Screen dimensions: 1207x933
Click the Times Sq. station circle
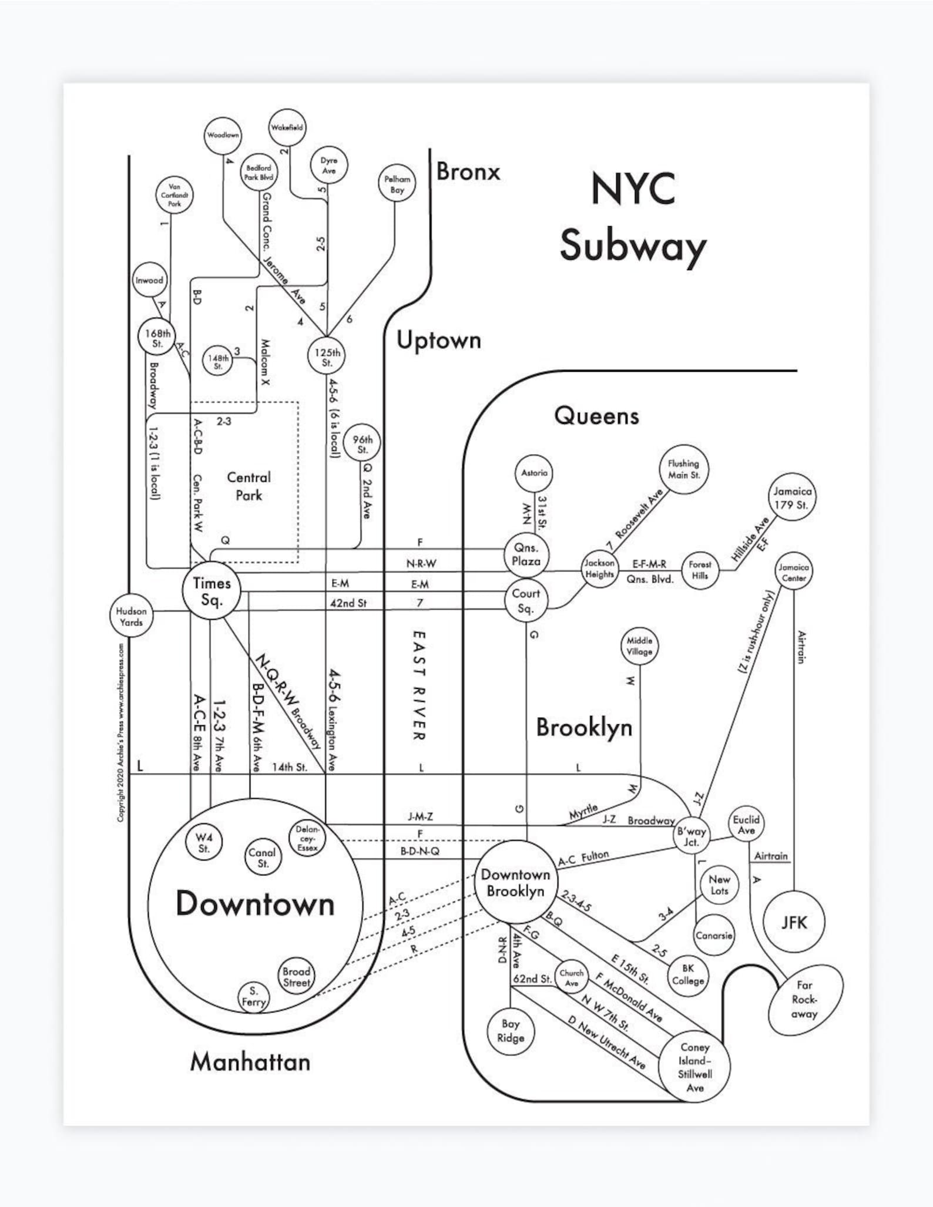(211, 591)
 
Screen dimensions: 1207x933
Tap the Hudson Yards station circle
(130, 617)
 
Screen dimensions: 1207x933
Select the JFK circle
(794, 922)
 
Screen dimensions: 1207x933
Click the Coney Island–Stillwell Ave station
(694, 1067)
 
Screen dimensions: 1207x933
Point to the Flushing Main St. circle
(683, 469)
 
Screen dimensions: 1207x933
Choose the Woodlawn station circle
(223, 135)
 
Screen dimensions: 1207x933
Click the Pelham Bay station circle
(397, 183)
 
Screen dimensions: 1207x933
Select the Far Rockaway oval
(805, 1000)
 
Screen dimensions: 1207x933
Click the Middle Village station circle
(639, 646)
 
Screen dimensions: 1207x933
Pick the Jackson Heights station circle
(599, 569)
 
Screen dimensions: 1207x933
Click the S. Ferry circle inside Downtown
(254, 997)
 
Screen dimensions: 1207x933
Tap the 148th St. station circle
(218, 361)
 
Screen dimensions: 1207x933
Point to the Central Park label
(249, 486)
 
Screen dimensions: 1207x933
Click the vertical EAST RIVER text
(418, 685)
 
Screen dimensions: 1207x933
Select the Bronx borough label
(468, 172)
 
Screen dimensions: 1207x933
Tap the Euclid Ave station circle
(746, 825)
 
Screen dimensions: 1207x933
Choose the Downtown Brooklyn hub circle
(515, 882)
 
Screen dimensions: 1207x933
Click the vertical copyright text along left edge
(121, 732)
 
